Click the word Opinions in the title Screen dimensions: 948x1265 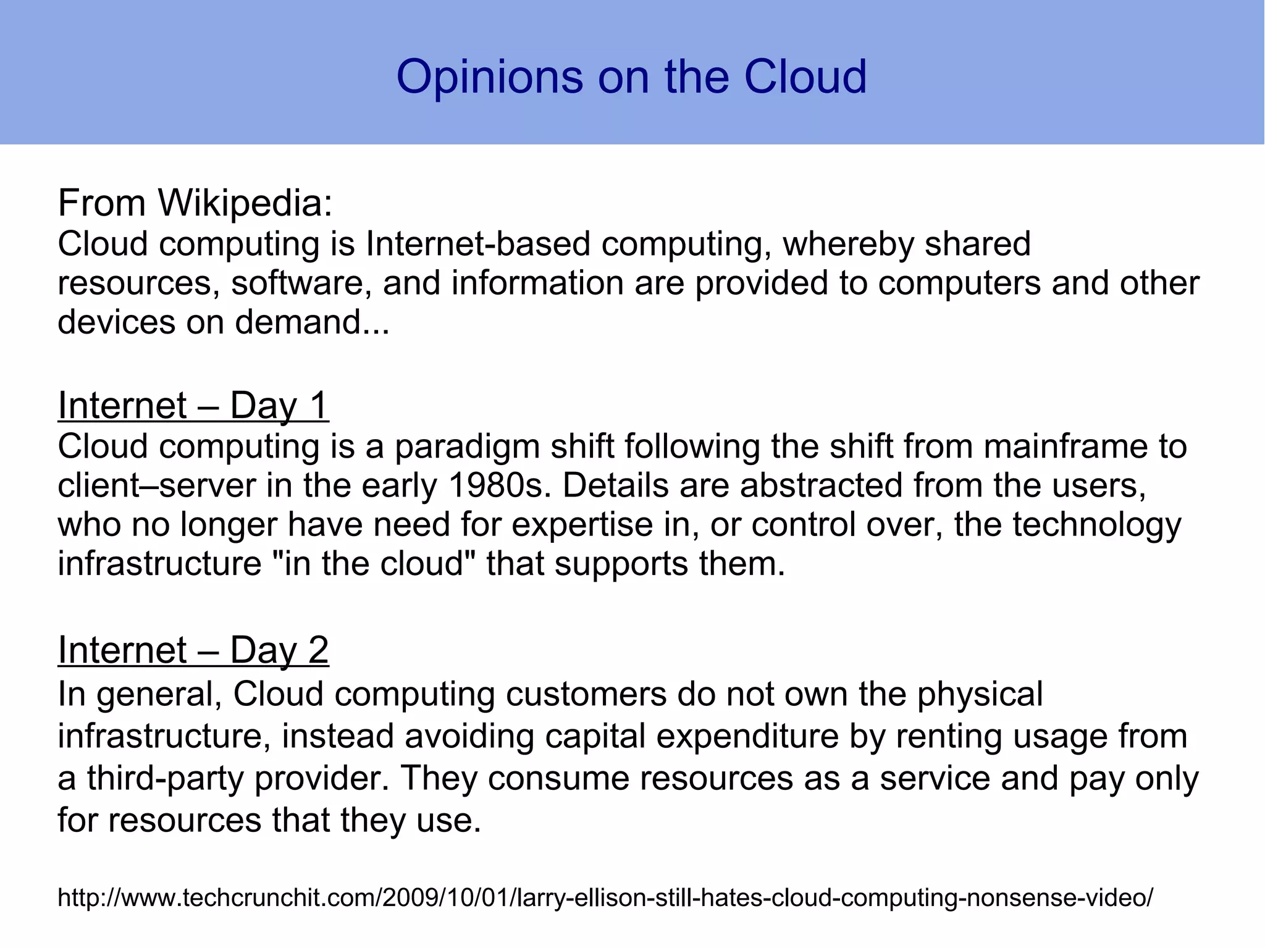pos(489,77)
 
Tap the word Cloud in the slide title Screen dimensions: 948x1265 pos(805,77)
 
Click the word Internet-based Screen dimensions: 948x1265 pos(478,243)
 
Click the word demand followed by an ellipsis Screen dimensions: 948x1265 pos(312,322)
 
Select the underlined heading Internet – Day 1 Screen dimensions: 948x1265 pos(193,406)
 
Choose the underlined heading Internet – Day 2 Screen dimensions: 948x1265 pos(193,650)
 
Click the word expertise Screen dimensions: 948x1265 pos(582,525)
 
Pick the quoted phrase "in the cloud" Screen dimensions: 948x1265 pos(374,564)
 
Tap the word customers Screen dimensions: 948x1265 pos(586,694)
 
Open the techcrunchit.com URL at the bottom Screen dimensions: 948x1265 pos(605,897)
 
